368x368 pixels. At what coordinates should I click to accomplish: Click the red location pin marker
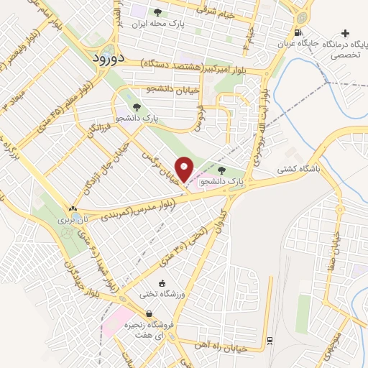click(185, 169)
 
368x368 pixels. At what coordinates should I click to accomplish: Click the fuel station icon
click(298, 32)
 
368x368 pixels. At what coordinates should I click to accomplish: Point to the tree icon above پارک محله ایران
click(157, 12)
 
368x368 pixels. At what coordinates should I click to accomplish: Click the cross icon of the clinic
click(346, 33)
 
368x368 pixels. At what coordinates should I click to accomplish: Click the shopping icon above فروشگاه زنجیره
click(149, 313)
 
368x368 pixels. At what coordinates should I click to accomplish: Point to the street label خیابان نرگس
click(163, 155)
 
